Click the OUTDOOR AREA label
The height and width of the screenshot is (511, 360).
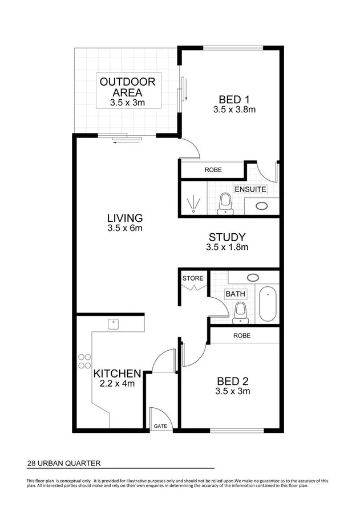pos(127,87)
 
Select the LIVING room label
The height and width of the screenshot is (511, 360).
pos(124,218)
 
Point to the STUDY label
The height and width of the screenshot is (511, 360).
pos(226,237)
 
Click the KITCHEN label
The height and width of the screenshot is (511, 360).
pos(117,374)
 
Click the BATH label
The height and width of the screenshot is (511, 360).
pos(235,294)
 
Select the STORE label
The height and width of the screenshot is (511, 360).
pos(193,278)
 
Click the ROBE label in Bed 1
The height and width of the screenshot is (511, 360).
pos(213,170)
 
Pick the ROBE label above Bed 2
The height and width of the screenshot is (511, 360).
pos(242,336)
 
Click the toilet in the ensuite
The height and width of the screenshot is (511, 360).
pos(226,202)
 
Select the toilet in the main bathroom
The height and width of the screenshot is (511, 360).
pos(240,311)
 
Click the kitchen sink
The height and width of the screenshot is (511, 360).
pos(114,323)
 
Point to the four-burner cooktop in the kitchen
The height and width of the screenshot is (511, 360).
pos(84,360)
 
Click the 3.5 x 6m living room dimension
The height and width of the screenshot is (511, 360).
pos(124,229)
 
